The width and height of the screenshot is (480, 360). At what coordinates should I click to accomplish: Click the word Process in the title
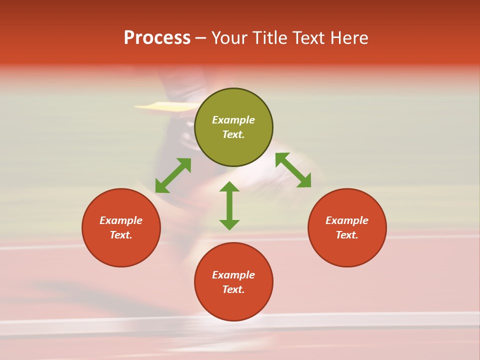click(157, 38)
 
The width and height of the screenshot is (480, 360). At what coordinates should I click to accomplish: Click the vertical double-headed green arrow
click(229, 205)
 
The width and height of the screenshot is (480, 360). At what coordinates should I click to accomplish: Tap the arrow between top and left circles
click(173, 175)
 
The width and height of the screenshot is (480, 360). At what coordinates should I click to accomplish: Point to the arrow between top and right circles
click(293, 170)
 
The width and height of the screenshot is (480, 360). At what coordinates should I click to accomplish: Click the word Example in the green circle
click(233, 120)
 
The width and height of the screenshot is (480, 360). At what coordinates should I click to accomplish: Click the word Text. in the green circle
click(233, 134)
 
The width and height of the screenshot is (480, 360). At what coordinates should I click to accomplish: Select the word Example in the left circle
click(121, 220)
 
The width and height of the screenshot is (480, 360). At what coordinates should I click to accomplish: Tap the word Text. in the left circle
click(121, 235)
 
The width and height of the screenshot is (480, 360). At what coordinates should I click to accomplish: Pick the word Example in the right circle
click(347, 220)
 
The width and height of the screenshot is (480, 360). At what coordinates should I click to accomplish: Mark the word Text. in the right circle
click(347, 235)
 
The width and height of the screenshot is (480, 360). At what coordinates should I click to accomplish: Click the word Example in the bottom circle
click(233, 275)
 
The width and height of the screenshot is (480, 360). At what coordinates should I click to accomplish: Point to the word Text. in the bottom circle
click(233, 289)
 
